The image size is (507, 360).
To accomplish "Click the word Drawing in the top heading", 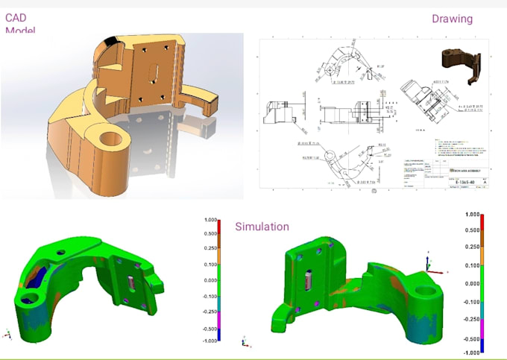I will coord(452,19).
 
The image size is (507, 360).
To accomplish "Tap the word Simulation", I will coord(262,227).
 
